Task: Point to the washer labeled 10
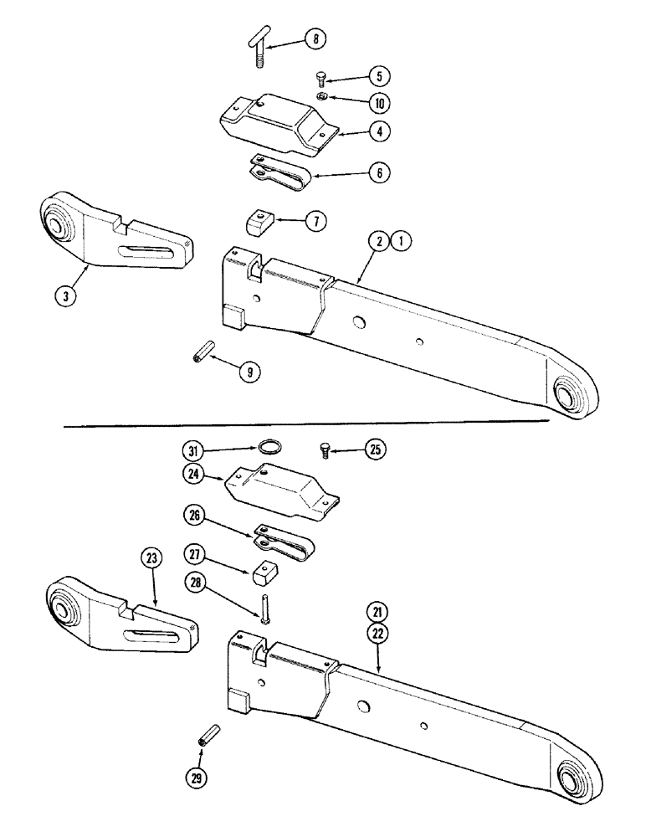click(321, 99)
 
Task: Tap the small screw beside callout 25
click(326, 449)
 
